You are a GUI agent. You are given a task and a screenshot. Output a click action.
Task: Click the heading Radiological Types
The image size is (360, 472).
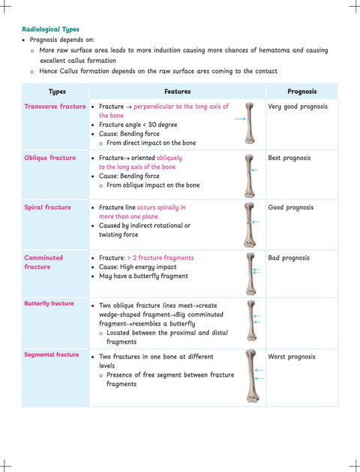tap(50, 29)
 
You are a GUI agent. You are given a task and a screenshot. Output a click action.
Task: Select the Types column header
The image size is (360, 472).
tap(57, 92)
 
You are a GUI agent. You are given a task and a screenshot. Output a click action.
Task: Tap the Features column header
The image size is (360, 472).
tap(178, 92)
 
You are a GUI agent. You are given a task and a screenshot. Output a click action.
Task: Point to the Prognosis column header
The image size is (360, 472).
tap(302, 92)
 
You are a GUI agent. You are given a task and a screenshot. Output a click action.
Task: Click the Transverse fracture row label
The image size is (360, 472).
tap(55, 107)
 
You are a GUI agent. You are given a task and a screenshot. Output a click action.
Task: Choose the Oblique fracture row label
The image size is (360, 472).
tap(50, 158)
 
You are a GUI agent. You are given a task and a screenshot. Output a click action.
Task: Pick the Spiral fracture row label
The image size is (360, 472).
tap(47, 207)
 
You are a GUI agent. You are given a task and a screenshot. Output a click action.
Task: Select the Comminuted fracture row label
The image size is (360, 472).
tap(43, 262)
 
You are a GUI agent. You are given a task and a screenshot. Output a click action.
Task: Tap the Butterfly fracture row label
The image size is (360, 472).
tap(49, 303)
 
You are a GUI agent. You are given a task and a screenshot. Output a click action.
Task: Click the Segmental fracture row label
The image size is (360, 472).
tap(52, 355)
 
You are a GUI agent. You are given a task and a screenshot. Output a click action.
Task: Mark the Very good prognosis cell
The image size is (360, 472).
tap(298, 107)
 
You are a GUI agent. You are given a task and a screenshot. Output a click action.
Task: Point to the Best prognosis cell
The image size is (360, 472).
tap(289, 158)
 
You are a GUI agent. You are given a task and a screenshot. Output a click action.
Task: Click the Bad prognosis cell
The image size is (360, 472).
tap(289, 258)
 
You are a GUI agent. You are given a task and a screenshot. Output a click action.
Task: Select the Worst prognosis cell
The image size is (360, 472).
tap(292, 356)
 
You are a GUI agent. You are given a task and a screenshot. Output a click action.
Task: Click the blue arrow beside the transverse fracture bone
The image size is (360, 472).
tap(240, 119)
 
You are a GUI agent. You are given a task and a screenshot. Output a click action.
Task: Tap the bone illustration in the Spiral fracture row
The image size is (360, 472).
tap(249, 224)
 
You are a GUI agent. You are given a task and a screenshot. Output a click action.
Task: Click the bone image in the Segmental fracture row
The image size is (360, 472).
tap(251, 376)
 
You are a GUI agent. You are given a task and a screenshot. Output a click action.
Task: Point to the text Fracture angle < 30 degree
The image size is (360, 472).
tap(138, 125)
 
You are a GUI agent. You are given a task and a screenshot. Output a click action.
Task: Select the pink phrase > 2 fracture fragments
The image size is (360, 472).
tap(160, 258)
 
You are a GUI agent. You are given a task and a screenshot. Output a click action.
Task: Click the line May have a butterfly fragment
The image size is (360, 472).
tap(143, 276)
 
